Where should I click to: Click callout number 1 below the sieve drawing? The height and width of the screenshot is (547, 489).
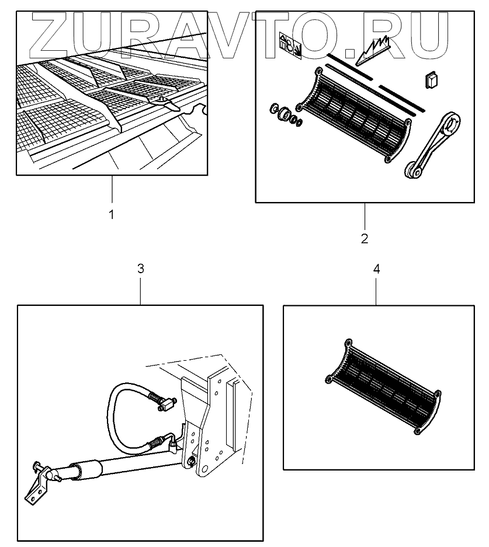pos(111,214)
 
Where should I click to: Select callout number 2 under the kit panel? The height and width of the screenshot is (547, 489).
pos(364,239)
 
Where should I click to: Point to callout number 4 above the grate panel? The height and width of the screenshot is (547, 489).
pos(376,269)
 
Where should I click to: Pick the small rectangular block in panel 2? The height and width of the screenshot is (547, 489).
pos(432,80)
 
